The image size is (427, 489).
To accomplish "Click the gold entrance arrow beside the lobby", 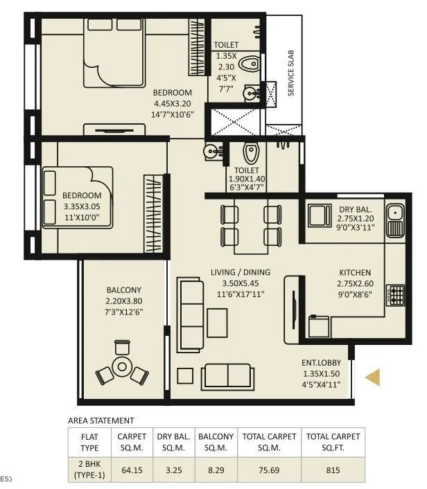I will (x=374, y=377).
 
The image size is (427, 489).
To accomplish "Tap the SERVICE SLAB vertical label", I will (x=291, y=72).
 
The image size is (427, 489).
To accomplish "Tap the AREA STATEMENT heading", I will (x=101, y=420).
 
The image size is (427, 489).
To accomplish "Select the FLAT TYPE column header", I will (x=90, y=441).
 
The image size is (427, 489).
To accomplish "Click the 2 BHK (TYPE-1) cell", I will (x=90, y=469).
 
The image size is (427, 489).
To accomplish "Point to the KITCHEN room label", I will (x=355, y=272).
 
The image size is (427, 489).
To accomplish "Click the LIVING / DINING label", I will (x=241, y=272).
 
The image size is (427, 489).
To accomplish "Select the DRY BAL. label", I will (x=355, y=210).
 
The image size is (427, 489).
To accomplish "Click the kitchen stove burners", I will (x=396, y=296).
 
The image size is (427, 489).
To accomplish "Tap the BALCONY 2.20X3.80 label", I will (x=124, y=290).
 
